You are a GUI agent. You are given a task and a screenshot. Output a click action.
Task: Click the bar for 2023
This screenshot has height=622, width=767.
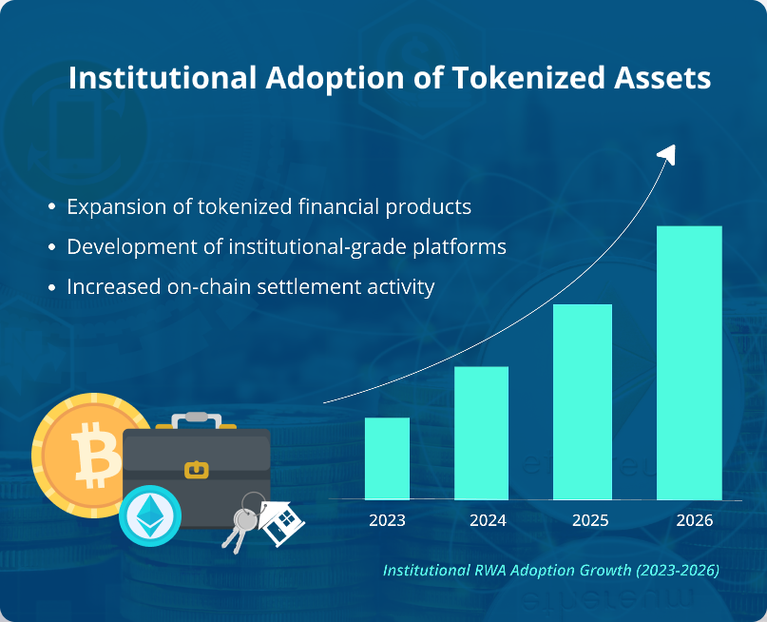pyautogui.click(x=387, y=458)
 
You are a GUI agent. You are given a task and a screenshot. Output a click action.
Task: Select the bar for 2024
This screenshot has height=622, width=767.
pyautogui.click(x=481, y=433)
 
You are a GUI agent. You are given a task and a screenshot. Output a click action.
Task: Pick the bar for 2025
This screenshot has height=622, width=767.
pyautogui.click(x=582, y=401)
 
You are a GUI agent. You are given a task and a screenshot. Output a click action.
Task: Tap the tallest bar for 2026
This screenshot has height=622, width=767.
pyautogui.click(x=689, y=362)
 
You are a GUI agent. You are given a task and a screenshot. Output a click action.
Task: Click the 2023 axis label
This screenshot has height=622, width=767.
pyautogui.click(x=387, y=520)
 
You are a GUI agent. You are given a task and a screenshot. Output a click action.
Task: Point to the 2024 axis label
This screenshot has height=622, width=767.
pyautogui.click(x=488, y=520)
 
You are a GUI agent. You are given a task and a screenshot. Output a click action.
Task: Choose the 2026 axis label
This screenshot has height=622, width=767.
pyautogui.click(x=694, y=520)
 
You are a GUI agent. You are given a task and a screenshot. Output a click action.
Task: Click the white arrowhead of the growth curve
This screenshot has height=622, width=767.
pyautogui.click(x=666, y=153)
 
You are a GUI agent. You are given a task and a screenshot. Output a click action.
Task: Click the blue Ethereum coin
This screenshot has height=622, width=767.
pyautogui.click(x=149, y=515)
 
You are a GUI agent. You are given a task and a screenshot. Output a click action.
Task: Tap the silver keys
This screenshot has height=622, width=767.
pyautogui.click(x=240, y=524)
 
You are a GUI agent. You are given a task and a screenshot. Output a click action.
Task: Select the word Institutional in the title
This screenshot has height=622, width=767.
pyautogui.click(x=162, y=78)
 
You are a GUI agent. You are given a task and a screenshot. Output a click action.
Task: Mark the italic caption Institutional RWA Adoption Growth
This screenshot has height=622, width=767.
pyautogui.click(x=550, y=570)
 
